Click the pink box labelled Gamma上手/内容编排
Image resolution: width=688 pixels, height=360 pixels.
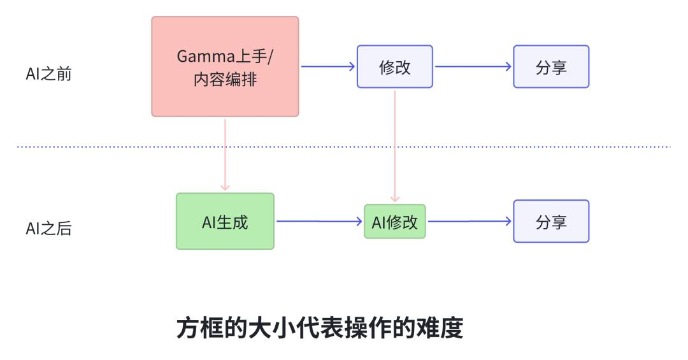(225, 67)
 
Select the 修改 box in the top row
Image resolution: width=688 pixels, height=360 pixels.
(395, 67)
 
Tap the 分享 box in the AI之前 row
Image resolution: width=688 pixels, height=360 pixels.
(551, 67)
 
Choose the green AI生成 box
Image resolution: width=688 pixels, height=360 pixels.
(225, 221)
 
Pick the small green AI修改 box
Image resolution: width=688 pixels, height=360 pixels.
(395, 222)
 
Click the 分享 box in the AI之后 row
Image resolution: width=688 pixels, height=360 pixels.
(551, 221)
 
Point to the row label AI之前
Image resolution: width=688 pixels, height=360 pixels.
(48, 74)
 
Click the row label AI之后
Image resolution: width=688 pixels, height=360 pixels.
(48, 228)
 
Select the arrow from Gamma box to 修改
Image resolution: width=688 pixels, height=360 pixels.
(328, 67)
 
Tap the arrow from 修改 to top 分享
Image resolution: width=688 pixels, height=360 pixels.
(473, 67)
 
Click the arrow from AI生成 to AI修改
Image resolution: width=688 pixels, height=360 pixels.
(319, 221)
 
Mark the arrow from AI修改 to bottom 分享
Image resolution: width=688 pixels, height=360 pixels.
(470, 221)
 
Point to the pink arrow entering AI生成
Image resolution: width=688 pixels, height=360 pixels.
(225, 155)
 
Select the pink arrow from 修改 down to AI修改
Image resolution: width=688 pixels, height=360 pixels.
(395, 147)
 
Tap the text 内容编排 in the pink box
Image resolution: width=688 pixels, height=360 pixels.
(225, 80)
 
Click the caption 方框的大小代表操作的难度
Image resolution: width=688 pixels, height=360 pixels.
(320, 328)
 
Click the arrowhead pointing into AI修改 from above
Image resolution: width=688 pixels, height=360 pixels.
(395, 199)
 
